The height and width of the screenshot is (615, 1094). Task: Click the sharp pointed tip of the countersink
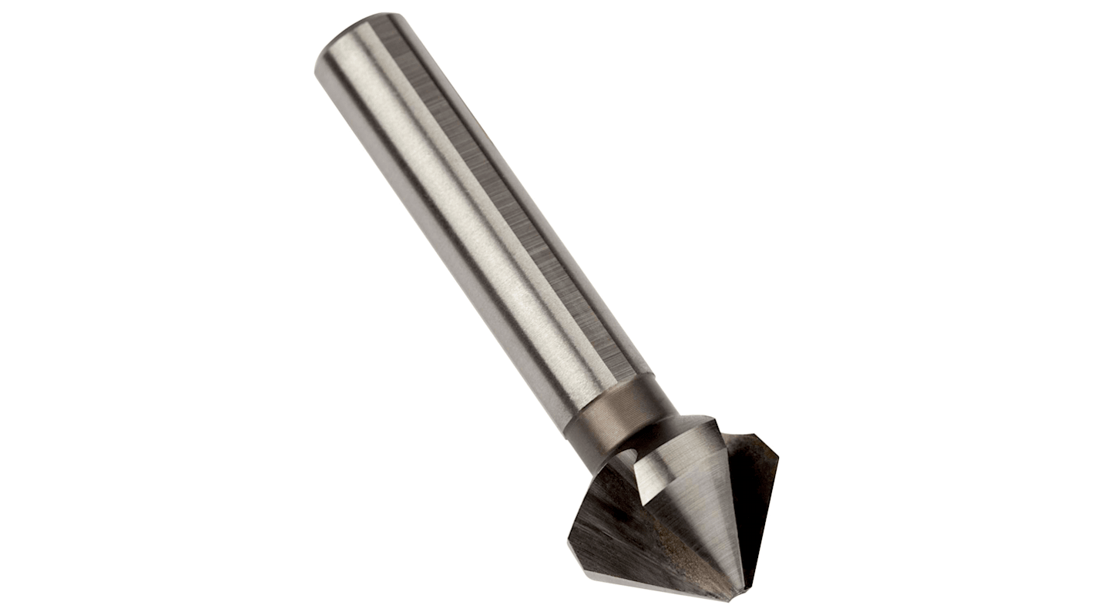[738, 600]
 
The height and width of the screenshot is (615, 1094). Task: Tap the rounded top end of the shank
[359, 35]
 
